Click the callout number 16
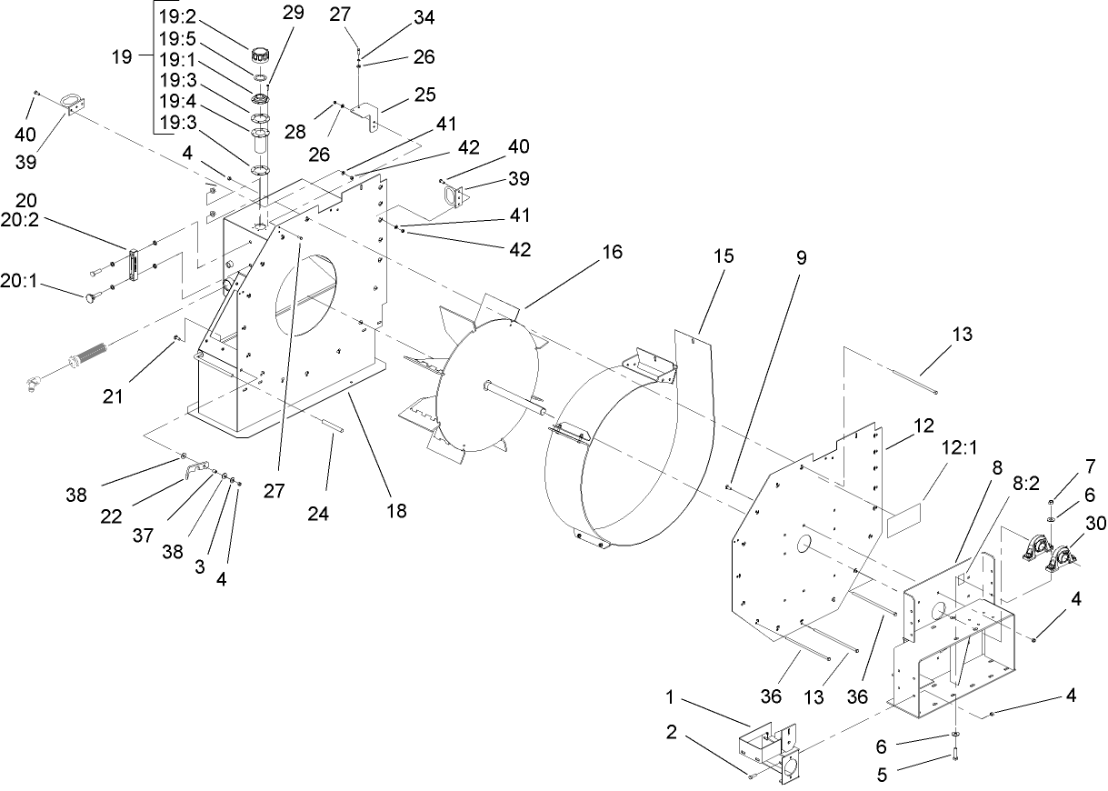613,253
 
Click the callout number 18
396,512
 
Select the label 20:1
19,283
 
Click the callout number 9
800,257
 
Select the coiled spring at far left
89,355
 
